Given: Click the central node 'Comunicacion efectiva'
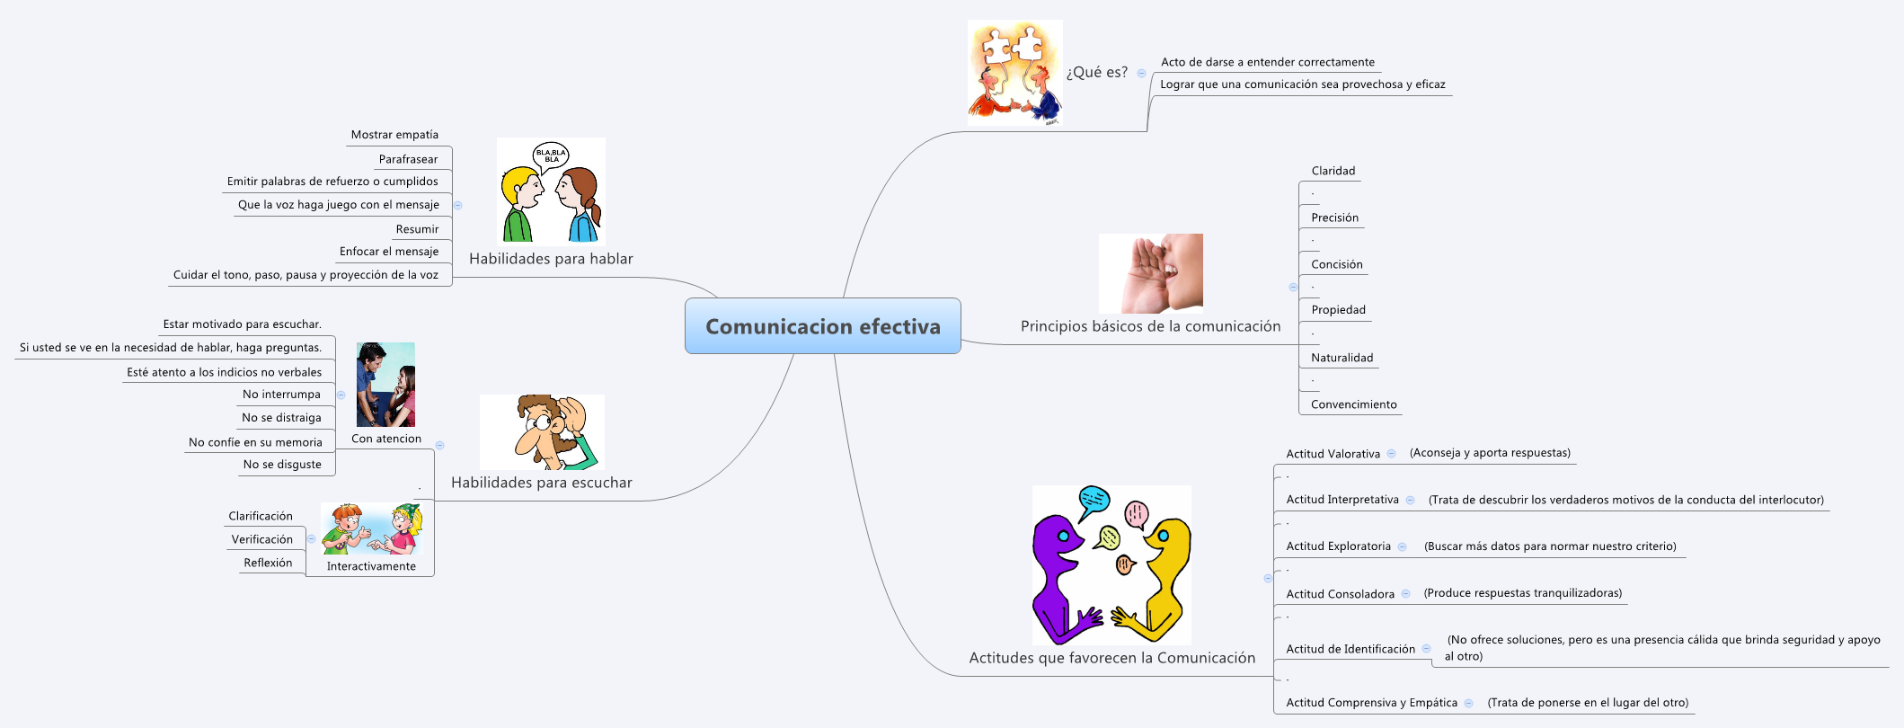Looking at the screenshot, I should coord(822,326).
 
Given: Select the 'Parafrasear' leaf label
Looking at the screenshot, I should coord(408,159).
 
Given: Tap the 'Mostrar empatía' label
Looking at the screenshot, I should coord(394,135).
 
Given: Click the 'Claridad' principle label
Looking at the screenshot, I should coord(1333,171).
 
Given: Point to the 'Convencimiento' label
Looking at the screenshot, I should coord(1353,404).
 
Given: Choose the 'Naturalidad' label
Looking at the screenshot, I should coord(1342,358).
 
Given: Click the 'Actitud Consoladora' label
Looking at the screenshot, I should coord(1340,594).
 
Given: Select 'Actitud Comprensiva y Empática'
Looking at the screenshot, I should coord(1371,703).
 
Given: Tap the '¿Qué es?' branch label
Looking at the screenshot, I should coord(1096,73).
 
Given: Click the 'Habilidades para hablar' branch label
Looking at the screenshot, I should coord(551,259).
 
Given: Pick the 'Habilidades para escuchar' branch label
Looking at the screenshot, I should coord(541,483).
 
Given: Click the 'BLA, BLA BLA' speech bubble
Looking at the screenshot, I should coord(551,156).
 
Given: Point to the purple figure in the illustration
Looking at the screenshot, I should coord(1060,575).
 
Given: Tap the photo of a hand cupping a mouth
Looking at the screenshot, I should coord(1150,273).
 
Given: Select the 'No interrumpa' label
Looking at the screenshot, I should coord(281,395).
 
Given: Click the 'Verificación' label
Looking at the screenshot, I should coord(261,539).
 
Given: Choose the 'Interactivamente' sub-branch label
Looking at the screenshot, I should coord(371,566).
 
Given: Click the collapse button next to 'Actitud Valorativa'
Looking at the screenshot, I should coord(1391,454).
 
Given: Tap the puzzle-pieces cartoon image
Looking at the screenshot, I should coord(1014,72).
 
